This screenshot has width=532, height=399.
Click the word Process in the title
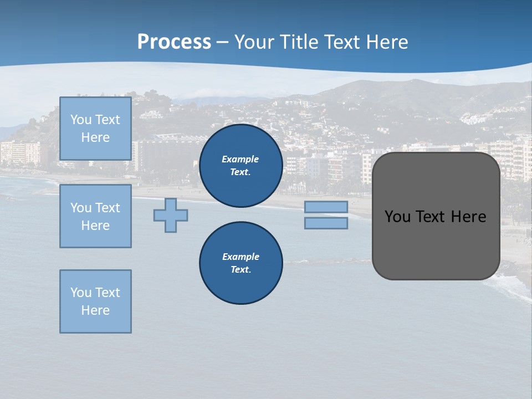[174, 42]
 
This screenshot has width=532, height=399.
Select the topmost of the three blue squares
[95, 129]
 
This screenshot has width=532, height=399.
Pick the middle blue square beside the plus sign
[95, 216]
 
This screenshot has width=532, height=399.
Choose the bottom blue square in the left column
[95, 301]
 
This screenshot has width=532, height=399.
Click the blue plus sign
[171, 215]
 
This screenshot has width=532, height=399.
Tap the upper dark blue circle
[241, 166]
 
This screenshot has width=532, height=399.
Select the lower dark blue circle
[241, 263]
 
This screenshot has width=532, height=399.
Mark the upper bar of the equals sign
[326, 207]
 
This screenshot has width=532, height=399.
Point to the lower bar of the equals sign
[326, 223]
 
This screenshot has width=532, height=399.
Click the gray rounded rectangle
[436, 244]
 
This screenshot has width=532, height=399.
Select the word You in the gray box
[397, 217]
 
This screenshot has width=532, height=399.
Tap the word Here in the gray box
[468, 217]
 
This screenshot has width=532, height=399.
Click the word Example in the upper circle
[241, 159]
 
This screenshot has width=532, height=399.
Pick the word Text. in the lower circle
[241, 270]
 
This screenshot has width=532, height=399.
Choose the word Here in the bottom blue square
[95, 310]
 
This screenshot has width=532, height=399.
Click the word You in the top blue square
[81, 120]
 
